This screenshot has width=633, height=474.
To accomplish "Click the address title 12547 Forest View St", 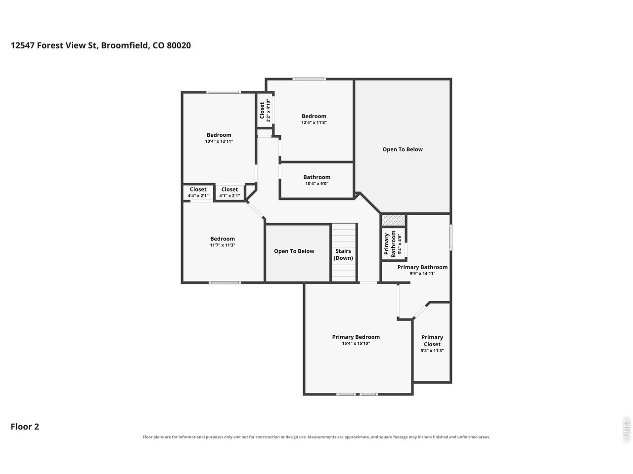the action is coord(101,45).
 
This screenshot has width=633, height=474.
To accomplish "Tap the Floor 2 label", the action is coord(25,427).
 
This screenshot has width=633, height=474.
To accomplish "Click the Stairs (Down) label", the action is coord(343,254).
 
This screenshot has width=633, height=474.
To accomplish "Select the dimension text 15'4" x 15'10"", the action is coord(356,343).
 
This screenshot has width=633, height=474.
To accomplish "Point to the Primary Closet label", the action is coord(432,341).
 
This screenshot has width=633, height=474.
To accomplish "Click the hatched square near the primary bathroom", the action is coord(393,220).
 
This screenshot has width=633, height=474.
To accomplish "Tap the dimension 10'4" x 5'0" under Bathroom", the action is coord(317,184).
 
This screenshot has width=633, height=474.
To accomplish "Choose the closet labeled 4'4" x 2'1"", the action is coord(198,193).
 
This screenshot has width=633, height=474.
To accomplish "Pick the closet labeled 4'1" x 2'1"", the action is coord(230,193).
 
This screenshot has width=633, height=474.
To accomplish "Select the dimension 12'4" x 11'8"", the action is coord(314,122).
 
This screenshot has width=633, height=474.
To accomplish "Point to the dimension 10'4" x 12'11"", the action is coord(219,141).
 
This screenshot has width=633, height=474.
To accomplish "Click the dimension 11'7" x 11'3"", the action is coord(223,245).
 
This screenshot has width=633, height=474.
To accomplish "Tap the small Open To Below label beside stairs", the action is coord(294,251).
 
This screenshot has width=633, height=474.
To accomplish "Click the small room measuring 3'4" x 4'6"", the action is coord(393,244).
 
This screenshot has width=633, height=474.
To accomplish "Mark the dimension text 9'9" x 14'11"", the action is coord(422,274).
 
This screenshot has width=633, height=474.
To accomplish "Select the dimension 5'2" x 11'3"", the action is coord(432,351).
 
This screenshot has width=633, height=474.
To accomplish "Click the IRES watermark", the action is coord(626,430).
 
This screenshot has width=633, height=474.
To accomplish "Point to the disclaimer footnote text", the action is coord(316,437).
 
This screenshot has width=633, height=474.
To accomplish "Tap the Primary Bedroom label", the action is coord(356,337).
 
